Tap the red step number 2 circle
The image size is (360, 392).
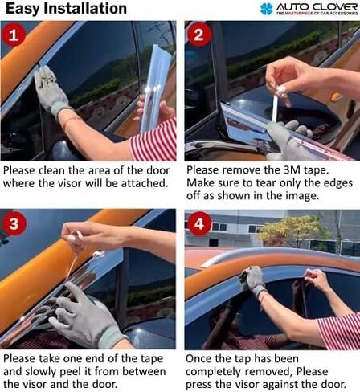coord(200,37)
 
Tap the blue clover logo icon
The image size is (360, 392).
coord(267,9)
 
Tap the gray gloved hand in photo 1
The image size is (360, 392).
coord(51,89)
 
